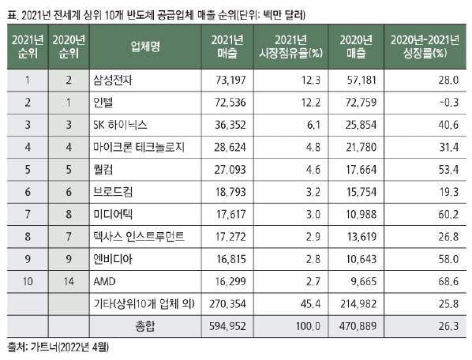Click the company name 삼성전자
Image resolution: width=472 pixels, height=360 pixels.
pos(113,80)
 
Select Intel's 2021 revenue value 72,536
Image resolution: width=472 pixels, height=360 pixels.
pos(230,103)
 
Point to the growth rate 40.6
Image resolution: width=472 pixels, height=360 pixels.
pos(448,125)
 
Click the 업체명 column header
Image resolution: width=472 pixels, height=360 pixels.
pos(145,47)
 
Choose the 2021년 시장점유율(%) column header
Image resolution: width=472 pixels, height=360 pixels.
pos(290,47)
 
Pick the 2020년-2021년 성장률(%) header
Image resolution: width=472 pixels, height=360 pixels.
pos(425,47)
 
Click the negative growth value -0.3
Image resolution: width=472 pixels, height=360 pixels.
pos(449,103)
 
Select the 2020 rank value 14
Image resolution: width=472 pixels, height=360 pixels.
pos(69,281)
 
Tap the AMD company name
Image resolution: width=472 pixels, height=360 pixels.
pos(104,281)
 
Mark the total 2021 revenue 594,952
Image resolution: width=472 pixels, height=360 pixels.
pos(227,326)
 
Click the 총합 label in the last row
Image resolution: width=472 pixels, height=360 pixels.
pos(145,326)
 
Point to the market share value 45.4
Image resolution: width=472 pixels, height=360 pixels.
pos(310,304)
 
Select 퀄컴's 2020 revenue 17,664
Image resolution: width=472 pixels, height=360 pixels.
pos(361,170)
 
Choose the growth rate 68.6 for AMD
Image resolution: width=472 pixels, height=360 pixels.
pos(448,281)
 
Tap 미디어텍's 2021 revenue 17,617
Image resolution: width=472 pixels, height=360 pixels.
pos(231,214)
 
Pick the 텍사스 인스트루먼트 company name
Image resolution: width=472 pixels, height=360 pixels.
pos(139,237)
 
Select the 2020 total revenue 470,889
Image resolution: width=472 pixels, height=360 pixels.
pos(358,326)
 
